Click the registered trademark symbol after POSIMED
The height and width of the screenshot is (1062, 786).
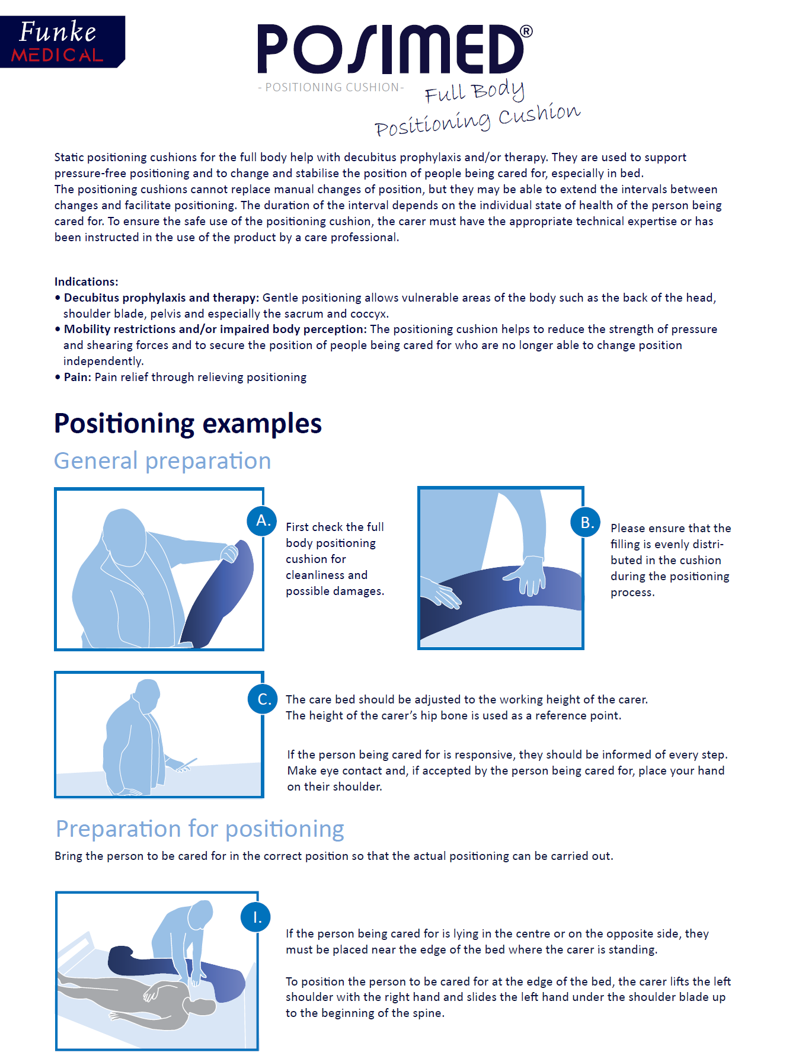coord(526,31)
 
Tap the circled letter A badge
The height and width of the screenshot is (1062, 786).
coord(262,521)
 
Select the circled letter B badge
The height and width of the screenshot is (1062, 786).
coord(586,522)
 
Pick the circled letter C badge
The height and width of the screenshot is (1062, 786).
coord(263,699)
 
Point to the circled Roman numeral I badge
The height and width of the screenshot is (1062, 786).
coord(255,917)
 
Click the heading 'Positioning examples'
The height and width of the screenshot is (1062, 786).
coord(187,424)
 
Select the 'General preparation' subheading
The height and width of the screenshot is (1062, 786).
coord(162,461)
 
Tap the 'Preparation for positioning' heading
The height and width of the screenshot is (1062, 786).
coord(200,829)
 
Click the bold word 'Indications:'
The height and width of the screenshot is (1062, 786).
coord(87,282)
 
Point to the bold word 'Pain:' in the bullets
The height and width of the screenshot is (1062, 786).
coord(78,378)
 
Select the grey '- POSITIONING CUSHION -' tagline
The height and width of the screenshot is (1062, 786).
coord(331,88)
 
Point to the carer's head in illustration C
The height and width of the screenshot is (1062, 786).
coord(147,693)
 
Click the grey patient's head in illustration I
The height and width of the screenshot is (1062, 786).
coord(201,1007)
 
